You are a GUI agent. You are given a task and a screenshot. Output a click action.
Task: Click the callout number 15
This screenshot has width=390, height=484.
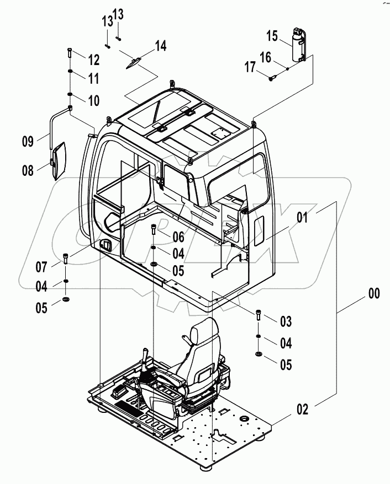[272, 37]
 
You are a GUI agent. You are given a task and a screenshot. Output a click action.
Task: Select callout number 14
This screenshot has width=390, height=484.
[160, 46]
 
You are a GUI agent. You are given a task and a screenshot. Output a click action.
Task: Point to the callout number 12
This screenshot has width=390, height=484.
[93, 58]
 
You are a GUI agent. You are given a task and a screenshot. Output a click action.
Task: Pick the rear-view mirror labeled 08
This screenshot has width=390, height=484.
[59, 160]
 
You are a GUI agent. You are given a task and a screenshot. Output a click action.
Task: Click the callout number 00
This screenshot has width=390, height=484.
[374, 294]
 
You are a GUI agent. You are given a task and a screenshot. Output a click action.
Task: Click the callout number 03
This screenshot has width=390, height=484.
[285, 321]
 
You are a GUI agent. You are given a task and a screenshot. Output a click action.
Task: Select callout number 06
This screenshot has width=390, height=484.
[177, 238]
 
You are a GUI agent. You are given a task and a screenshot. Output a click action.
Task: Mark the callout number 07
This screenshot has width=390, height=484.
[41, 268]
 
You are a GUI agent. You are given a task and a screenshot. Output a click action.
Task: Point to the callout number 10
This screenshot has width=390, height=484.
[93, 100]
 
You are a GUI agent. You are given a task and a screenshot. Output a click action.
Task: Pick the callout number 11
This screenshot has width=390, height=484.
[93, 79]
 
